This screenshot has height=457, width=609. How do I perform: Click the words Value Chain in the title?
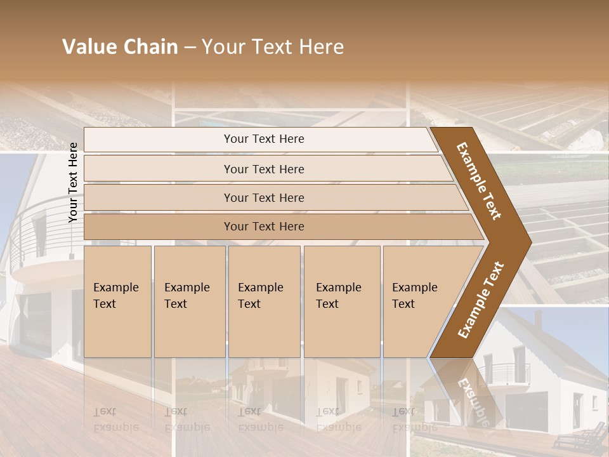pyautogui.click(x=120, y=47)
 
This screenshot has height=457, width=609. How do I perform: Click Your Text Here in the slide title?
pyautogui.click(x=273, y=47)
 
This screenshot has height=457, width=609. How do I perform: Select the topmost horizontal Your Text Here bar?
pyautogui.click(x=263, y=139)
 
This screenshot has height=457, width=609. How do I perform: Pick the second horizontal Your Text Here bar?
pyautogui.click(x=263, y=169)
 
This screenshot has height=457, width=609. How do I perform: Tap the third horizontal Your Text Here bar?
pyautogui.click(x=263, y=197)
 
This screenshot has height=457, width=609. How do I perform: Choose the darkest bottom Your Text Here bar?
pyautogui.click(x=263, y=227)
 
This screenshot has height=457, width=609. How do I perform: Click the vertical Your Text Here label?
pyautogui.click(x=73, y=182)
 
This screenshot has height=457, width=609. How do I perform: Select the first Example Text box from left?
pyautogui.click(x=117, y=301)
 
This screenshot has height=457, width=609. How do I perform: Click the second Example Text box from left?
pyautogui.click(x=189, y=301)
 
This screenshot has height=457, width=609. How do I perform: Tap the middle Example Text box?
pyautogui.click(x=263, y=301)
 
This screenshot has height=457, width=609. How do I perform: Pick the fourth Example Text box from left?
pyautogui.click(x=341, y=301)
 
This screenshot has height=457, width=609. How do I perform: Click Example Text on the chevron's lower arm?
pyautogui.click(x=480, y=300)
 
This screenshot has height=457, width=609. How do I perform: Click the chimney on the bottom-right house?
pyautogui.click(x=538, y=319)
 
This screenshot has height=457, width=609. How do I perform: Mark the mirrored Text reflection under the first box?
pyautogui.click(x=105, y=411)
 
